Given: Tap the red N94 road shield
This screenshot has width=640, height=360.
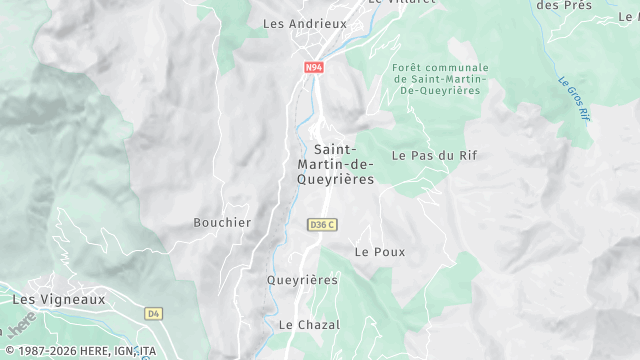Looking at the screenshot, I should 314,67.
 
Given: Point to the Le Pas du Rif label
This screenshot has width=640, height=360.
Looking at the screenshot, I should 427,156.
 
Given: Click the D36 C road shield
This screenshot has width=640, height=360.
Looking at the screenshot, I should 322,225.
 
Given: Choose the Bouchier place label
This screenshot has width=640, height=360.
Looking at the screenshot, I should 222,222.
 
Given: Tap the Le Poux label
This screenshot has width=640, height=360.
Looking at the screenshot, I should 380,252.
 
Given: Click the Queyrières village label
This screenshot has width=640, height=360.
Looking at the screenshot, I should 302,280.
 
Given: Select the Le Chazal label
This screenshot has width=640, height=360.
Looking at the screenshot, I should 309,325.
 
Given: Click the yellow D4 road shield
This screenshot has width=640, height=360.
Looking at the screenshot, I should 153,313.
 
